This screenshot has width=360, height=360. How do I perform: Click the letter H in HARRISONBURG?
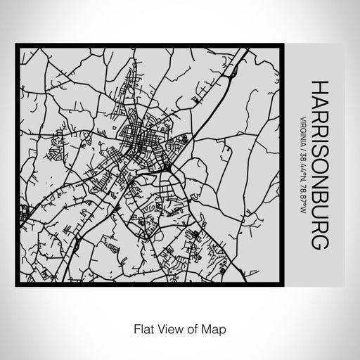pos(319,86)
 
